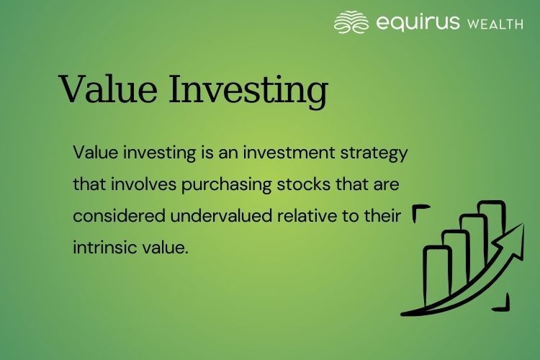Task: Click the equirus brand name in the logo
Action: (x=418, y=22)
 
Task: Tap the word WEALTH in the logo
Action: (x=495, y=24)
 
